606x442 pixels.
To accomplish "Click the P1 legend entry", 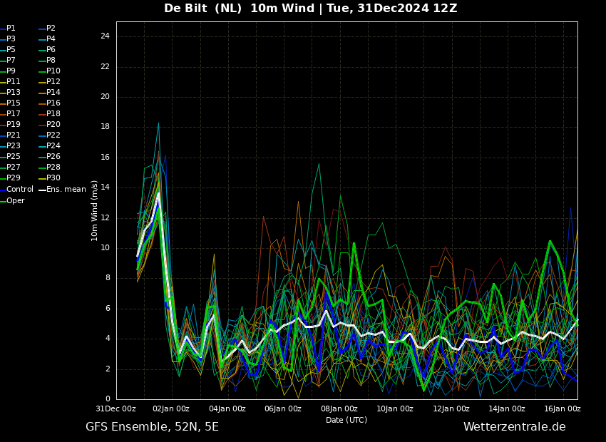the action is pos(8,29).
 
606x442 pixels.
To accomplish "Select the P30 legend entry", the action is pos(50,178).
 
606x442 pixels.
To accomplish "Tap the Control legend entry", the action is pos(16,190).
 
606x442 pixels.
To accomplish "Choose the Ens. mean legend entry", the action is pos(62,190).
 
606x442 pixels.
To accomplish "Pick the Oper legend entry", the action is pos(12,200).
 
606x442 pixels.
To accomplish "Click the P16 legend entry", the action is pos(50,103).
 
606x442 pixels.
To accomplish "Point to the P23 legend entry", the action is pos(10,145).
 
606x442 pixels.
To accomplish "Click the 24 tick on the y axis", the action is pos(105,36).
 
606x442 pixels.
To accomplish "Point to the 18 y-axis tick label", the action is pos(105,127).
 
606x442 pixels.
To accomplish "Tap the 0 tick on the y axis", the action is pos(108,399).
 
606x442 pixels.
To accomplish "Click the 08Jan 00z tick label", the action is pos(339,408).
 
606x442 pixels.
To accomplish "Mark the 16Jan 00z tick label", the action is pos(563,408).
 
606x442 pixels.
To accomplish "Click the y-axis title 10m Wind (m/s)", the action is pos(94,210).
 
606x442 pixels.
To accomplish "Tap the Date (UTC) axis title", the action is pos(346,420).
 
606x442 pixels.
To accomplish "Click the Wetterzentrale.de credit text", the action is pos(515,427).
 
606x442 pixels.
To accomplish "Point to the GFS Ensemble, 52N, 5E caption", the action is pos(152,427).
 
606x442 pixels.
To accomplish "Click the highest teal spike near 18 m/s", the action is pos(158,123).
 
